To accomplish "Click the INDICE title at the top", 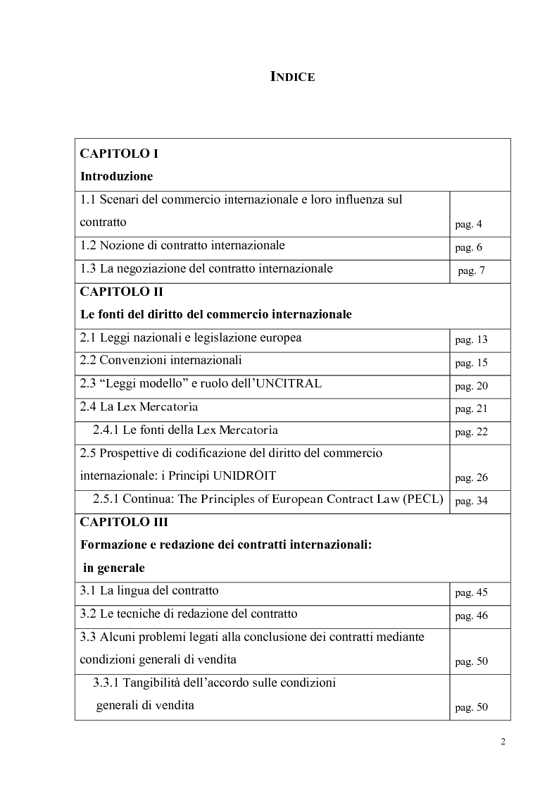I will point(293,77).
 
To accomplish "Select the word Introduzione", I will point(116,175).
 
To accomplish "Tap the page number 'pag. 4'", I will point(469,225).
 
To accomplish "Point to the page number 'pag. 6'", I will point(469,248).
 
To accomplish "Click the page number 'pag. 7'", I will point(471,270).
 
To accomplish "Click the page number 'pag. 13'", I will point(471,340).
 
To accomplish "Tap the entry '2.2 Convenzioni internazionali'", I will point(161,361).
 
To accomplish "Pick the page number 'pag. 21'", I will point(471,409).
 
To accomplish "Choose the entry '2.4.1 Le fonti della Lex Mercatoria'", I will point(185,430).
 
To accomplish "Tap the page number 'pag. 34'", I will point(471,502).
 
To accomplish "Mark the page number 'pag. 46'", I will point(471,616).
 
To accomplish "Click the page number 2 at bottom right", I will point(503,741).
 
